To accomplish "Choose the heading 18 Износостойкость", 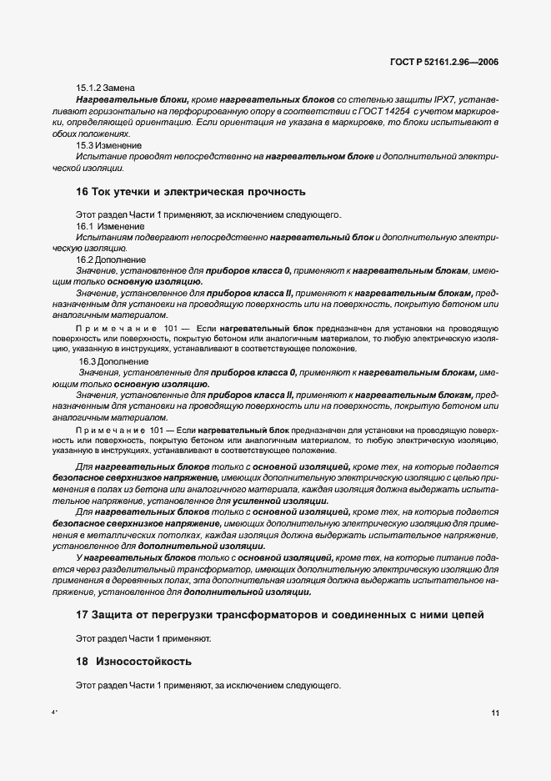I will point(134,662).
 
